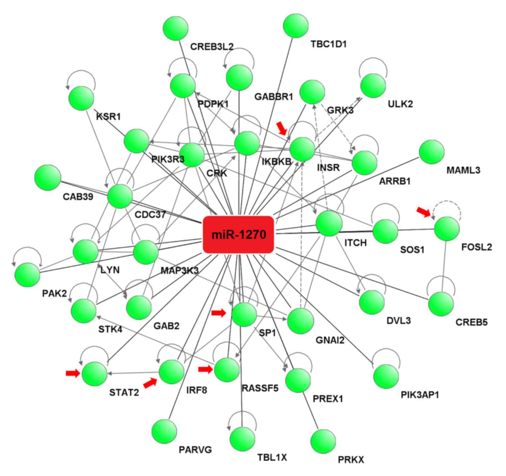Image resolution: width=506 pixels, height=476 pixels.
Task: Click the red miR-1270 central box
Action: (239, 235)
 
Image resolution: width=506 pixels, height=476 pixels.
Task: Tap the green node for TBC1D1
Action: (295, 25)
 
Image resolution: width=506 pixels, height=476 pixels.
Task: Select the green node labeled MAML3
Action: (432, 152)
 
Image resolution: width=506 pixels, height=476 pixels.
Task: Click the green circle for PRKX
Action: (323, 441)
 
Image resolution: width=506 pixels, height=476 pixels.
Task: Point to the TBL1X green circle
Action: (242, 439)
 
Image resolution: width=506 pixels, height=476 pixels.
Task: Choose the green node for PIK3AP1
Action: (386, 376)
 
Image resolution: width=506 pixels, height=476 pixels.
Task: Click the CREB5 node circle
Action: (441, 304)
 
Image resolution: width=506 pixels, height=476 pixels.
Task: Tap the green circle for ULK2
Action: (373, 86)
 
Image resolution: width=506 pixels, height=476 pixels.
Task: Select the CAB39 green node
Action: (48, 177)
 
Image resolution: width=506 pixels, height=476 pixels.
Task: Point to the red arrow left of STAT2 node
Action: (73, 373)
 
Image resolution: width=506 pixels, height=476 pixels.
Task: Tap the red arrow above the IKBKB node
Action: (282, 128)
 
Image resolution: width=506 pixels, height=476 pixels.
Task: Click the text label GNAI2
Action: (330, 340)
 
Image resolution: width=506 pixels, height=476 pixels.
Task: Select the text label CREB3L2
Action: (212, 47)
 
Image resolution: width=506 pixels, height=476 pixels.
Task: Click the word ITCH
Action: (355, 243)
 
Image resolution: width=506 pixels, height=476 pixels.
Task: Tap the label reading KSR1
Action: (108, 116)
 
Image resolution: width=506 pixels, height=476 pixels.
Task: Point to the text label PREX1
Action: (328, 399)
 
